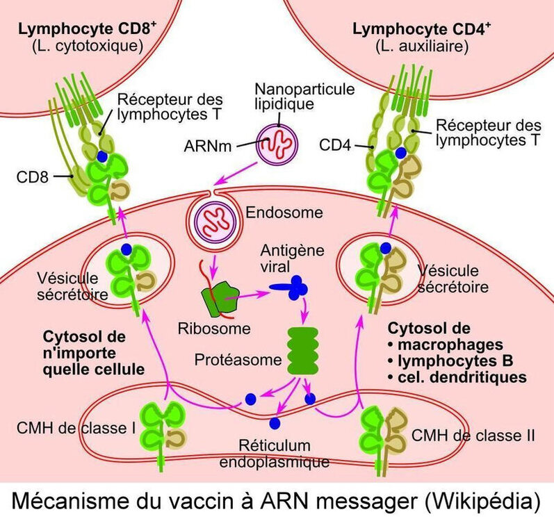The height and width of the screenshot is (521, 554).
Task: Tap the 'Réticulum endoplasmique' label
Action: pyautogui.click(x=278, y=452)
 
